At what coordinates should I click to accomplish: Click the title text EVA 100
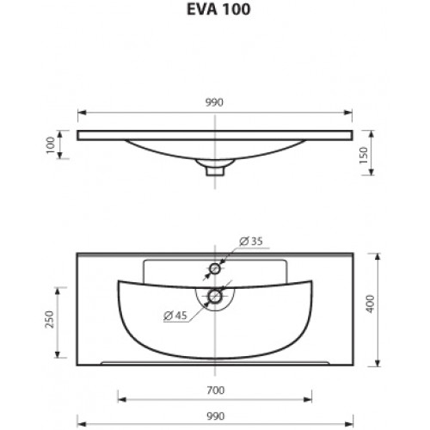point(218,9)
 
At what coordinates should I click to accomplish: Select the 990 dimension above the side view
point(214,102)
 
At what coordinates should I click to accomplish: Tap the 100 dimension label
point(51,144)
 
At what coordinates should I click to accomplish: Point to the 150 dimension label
point(364,155)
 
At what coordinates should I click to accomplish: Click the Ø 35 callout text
point(251,242)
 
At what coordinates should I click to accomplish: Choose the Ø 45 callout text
point(175,316)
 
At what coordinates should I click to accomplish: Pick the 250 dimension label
point(50,319)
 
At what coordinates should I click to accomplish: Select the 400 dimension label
point(371,304)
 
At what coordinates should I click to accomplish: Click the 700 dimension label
point(215,390)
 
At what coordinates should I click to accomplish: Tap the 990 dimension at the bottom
point(215,415)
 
